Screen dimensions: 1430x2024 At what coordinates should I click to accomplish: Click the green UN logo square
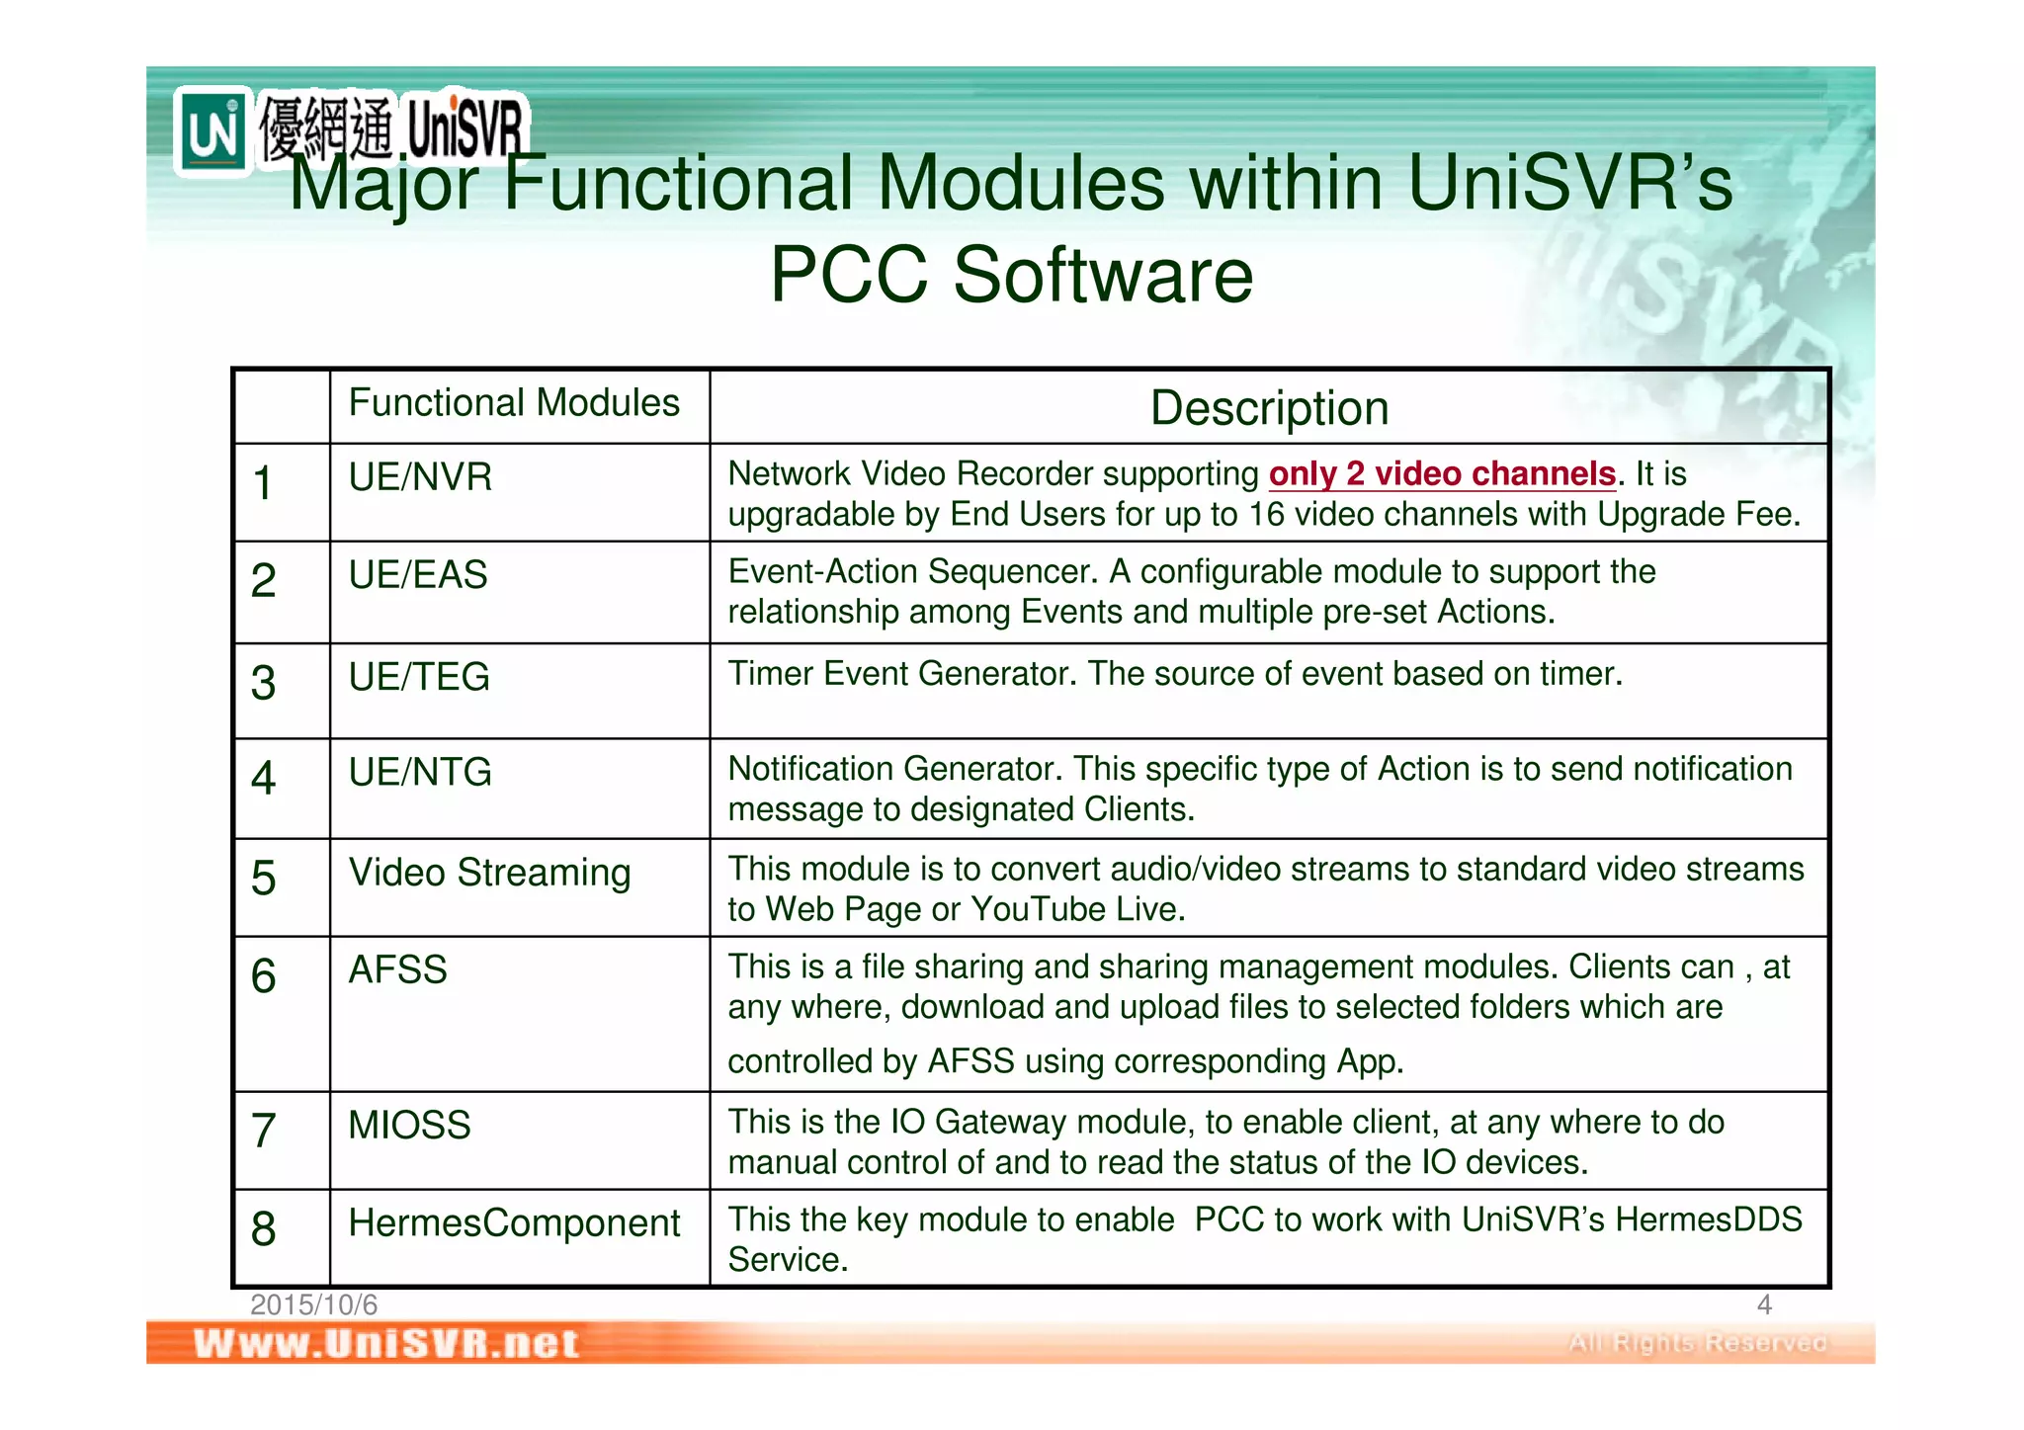tap(213, 132)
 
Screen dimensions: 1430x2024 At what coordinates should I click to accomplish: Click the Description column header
tap(1269, 408)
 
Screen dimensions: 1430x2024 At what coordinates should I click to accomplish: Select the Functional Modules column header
tap(514, 403)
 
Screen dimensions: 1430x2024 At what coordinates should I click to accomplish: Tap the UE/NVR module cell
tap(420, 477)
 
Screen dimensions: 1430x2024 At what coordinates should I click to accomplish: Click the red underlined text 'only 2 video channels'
tap(1442, 474)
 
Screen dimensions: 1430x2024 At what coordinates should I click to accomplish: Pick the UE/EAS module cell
tap(418, 575)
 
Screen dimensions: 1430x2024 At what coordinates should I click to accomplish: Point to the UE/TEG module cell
tap(419, 677)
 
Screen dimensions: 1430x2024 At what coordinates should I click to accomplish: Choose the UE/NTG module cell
tap(420, 772)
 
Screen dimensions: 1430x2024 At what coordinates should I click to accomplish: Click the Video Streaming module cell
tap(489, 873)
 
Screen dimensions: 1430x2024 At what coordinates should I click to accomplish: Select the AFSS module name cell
tap(398, 969)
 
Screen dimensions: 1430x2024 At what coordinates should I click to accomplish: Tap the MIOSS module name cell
tap(409, 1125)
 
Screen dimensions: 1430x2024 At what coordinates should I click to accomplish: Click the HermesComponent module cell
tap(514, 1223)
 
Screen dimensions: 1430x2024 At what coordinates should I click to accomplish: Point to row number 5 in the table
tap(264, 878)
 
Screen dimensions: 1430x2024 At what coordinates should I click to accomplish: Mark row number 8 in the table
tap(264, 1228)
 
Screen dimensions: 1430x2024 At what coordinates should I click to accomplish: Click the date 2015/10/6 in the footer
tap(313, 1305)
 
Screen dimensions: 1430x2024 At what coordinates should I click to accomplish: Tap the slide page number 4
tap(1764, 1305)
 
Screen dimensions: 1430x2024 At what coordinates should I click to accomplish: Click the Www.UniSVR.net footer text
tap(385, 1344)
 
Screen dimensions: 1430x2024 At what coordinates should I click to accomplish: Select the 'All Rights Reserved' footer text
tap(1697, 1344)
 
